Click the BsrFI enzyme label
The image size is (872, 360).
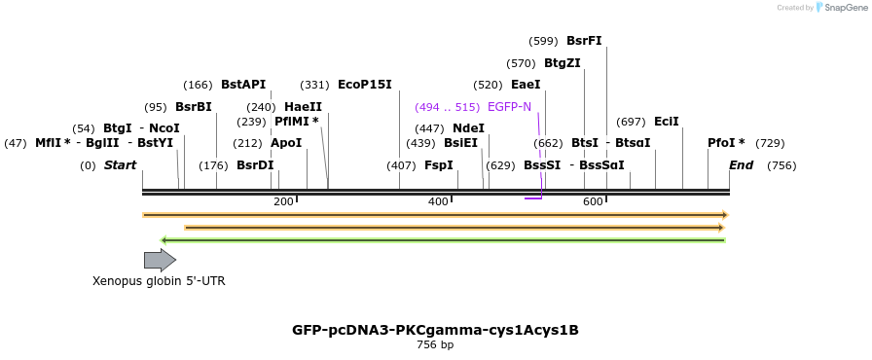584,41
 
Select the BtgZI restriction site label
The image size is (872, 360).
562,63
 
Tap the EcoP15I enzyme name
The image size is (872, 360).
364,85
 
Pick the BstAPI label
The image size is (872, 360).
242,85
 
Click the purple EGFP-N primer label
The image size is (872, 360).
509,107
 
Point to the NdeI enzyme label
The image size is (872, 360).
468,128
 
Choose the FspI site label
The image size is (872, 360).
438,165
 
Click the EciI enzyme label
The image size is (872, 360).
667,122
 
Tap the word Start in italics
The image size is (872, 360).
120,165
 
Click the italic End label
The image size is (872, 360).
741,165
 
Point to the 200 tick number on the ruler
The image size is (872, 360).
283,201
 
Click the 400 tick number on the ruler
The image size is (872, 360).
438,201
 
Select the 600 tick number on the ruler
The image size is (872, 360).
593,201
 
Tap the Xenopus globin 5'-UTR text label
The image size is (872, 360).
159,281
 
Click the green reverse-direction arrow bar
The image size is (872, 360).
443,240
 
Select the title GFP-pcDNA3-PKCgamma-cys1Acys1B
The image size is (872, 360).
435,330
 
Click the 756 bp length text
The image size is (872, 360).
435,344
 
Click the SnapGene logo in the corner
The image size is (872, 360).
840,8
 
